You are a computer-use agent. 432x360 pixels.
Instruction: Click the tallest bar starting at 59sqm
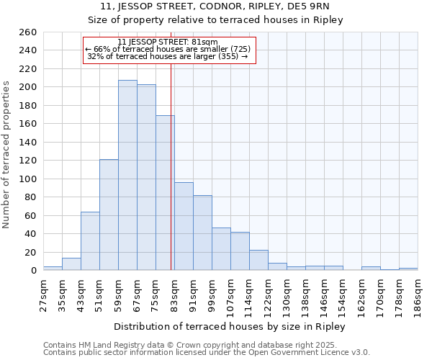point(127,175)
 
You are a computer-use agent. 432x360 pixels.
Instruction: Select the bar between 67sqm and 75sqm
point(146,177)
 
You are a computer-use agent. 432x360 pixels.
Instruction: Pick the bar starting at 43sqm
point(90,241)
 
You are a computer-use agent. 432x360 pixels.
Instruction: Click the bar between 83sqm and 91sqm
point(184,226)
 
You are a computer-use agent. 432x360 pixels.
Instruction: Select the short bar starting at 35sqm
point(71,264)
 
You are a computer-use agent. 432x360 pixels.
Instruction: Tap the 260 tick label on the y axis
point(28,32)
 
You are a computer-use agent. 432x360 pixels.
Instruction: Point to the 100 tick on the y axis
point(28,179)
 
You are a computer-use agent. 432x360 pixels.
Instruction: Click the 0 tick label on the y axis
point(34,271)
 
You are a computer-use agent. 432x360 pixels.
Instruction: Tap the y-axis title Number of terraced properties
point(6,155)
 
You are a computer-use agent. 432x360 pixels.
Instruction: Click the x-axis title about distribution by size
point(230,327)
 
